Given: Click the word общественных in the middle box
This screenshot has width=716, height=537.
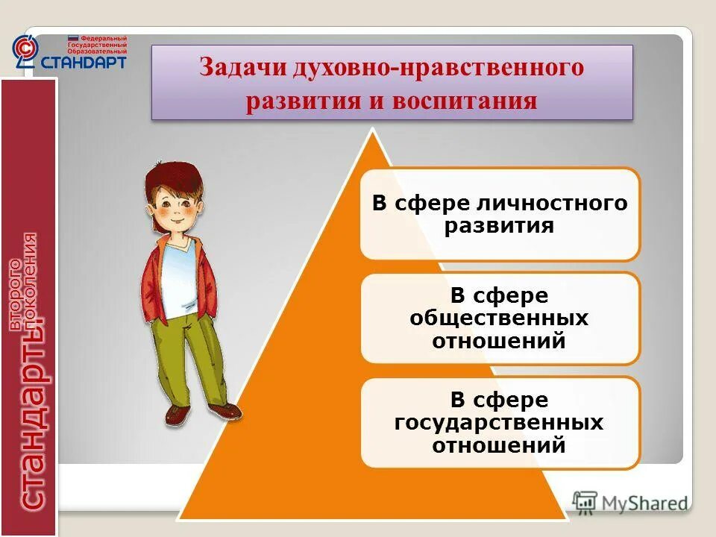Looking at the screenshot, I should [499, 318].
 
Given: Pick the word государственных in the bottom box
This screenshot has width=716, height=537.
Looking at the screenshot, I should [499, 423].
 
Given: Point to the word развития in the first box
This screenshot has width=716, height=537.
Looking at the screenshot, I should [499, 226].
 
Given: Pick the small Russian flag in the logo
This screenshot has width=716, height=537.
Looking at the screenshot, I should [72, 37].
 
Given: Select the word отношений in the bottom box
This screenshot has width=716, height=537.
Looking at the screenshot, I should [499, 446].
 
